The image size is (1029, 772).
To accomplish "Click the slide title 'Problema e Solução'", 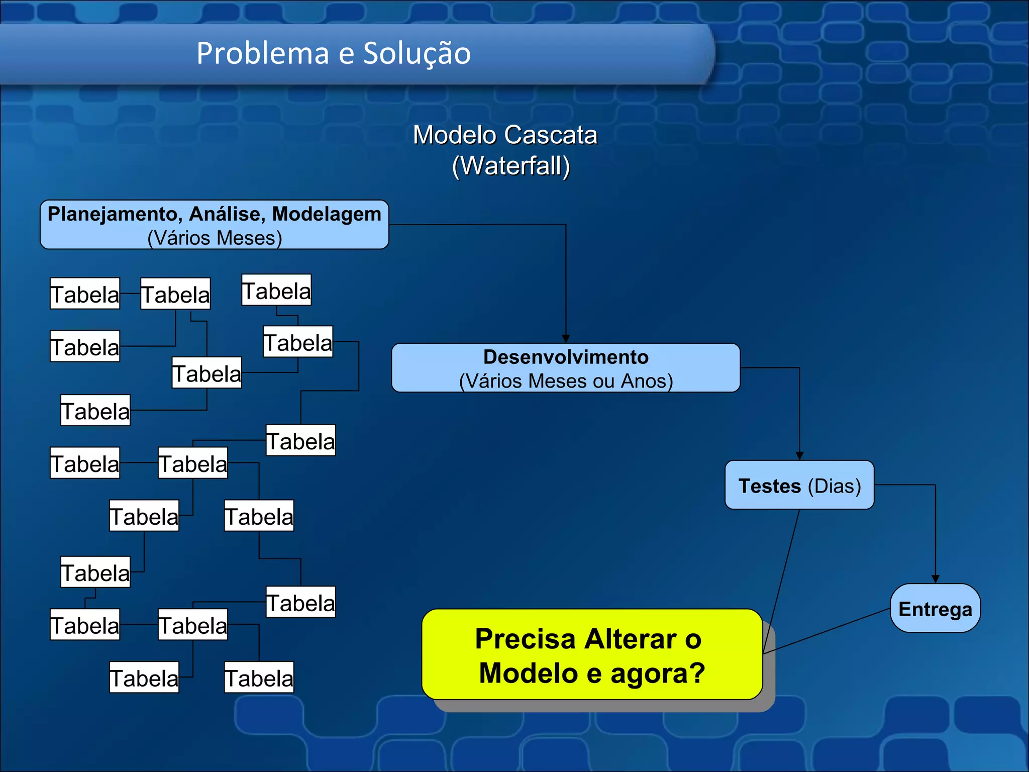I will point(334,53).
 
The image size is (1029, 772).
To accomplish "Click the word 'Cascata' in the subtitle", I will point(551,135).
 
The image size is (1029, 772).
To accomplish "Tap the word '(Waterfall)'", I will point(511,166).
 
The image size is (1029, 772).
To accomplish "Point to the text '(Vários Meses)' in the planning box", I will point(215,238).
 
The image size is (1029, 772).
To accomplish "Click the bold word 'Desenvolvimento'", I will point(566,357).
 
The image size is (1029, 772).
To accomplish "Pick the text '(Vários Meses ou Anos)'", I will point(566,381).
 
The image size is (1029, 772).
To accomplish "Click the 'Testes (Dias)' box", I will point(799,485).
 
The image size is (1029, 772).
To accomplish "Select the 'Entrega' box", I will point(935,609).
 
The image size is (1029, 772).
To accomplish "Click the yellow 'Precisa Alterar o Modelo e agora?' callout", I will point(592,655).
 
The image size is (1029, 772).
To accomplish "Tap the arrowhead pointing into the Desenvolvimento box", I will point(566,339).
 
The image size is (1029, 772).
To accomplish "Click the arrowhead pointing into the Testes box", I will point(799,456).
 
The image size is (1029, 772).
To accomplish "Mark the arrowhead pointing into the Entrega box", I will point(935,579).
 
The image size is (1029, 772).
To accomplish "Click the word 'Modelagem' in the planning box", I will point(327,214).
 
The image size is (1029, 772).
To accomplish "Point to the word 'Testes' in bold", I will point(769,486).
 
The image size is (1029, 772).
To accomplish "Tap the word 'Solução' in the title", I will point(417,53).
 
